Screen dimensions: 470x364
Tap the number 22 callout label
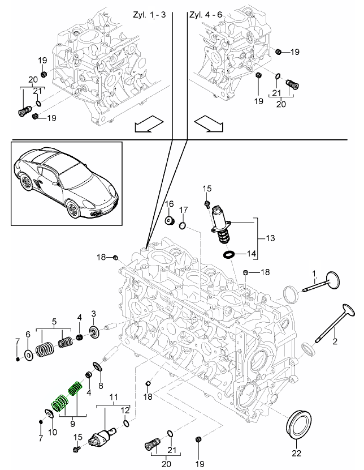(297, 453)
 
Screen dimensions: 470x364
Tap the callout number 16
(169, 204)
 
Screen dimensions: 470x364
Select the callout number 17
(183, 211)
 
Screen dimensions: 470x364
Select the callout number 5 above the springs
(54, 321)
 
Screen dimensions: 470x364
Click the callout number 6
(28, 335)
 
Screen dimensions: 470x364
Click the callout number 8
(101, 386)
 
